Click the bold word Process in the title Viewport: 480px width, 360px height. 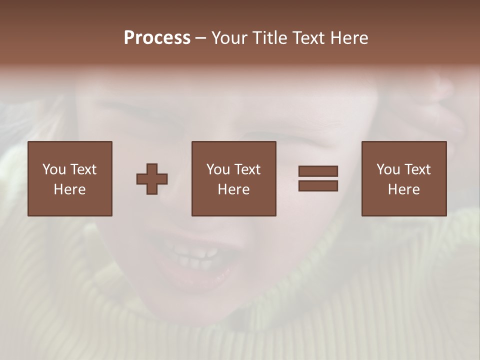click(x=157, y=38)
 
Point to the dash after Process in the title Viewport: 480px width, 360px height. click(x=201, y=38)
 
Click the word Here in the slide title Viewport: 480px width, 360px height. click(x=348, y=38)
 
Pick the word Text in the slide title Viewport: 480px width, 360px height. click(x=309, y=38)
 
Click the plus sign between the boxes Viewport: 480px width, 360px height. click(x=152, y=179)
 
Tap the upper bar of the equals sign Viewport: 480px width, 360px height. click(x=318, y=171)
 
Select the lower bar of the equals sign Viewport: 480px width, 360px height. click(x=318, y=185)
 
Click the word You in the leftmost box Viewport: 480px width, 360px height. click(x=54, y=169)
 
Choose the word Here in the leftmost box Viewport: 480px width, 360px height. click(x=69, y=189)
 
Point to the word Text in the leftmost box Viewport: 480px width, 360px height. click(x=83, y=169)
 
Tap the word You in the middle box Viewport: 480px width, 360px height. click(x=218, y=169)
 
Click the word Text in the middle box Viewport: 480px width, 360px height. click(x=247, y=169)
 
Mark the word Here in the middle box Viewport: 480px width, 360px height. click(x=233, y=189)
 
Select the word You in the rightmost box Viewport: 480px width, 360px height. click(x=388, y=169)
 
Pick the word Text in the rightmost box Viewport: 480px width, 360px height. click(x=417, y=169)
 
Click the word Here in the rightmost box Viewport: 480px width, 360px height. click(x=403, y=189)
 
